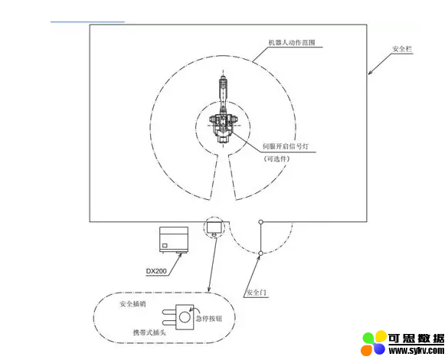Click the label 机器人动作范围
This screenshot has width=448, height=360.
click(292, 43)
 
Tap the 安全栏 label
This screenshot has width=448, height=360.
click(402, 49)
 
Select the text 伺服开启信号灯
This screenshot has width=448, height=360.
click(286, 146)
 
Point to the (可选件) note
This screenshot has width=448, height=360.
click(276, 159)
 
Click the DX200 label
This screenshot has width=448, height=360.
click(156, 271)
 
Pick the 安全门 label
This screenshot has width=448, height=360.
click(257, 293)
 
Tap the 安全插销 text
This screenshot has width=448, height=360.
click(132, 304)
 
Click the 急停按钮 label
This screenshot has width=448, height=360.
click(209, 319)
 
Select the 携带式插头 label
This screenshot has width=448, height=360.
click(149, 332)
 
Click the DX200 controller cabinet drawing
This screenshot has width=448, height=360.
click(174, 240)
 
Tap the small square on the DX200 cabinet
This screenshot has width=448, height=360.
click(165, 245)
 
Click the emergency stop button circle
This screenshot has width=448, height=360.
click(185, 317)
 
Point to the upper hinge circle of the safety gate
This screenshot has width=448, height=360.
click(260, 222)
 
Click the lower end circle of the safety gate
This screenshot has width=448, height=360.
click(260, 254)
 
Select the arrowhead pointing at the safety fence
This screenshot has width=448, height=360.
click(371, 72)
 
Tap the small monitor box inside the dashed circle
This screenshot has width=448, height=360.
click(214, 227)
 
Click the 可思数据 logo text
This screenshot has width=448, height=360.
click(417, 339)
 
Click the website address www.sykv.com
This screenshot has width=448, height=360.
click(417, 350)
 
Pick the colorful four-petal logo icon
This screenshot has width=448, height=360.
click(374, 343)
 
